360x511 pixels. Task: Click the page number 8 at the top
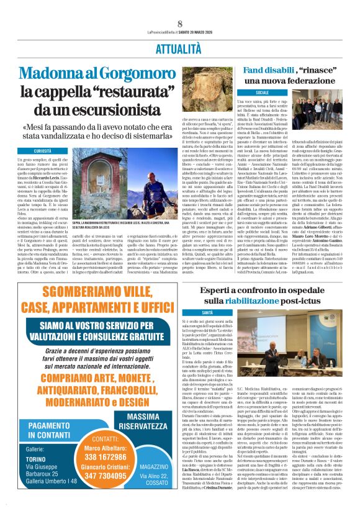point(179,23)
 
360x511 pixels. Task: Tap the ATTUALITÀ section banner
point(179,47)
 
